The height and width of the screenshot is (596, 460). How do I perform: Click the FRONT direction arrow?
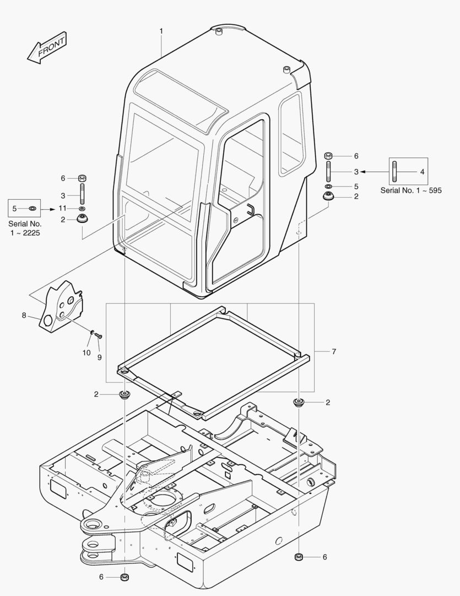(46, 47)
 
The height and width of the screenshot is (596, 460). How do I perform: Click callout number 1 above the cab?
(161, 31)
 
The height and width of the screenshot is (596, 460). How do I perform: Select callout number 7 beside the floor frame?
(334, 351)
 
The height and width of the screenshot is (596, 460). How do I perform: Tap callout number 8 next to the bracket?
(24, 315)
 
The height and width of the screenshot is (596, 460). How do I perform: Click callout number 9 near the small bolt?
(100, 357)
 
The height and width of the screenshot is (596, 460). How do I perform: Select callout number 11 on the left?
(63, 208)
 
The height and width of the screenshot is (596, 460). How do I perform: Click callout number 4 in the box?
(422, 172)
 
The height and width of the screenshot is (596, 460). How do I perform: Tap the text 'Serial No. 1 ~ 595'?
(411, 190)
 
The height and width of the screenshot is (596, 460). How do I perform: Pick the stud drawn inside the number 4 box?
(396, 172)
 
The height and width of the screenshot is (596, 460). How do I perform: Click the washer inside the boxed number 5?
(32, 208)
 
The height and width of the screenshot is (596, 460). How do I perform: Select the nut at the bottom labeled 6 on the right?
(298, 556)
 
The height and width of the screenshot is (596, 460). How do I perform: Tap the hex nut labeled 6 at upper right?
(328, 156)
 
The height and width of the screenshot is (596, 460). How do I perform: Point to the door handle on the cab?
(249, 209)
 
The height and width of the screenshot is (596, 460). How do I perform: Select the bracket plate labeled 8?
(62, 308)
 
